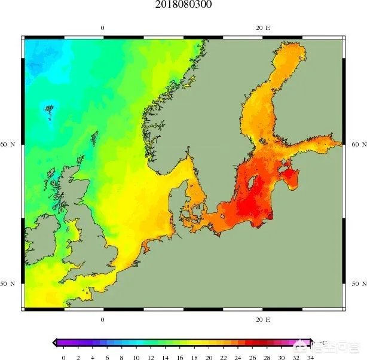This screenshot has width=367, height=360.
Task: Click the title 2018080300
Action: click(183, 5)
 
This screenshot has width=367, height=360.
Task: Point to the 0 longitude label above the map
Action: click(102, 28)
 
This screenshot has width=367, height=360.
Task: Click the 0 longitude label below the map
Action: click(102, 319)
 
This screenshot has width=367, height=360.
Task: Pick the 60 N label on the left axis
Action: click(8, 145)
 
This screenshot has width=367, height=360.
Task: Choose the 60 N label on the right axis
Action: click(358, 145)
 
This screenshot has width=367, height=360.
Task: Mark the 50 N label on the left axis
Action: click(8, 284)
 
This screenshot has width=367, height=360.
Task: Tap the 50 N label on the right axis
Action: click(358, 284)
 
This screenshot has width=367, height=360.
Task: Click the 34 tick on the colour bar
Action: click(310, 357)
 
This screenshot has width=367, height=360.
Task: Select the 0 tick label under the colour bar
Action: click(63, 357)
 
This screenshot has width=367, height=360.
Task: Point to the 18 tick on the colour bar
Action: click(194, 357)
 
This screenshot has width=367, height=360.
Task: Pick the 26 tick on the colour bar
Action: click(252, 357)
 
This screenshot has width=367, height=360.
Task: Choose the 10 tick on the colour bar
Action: click(136, 357)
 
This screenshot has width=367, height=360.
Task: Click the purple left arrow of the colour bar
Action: click(56, 343)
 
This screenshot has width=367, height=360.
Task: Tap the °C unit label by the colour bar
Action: click(323, 342)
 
